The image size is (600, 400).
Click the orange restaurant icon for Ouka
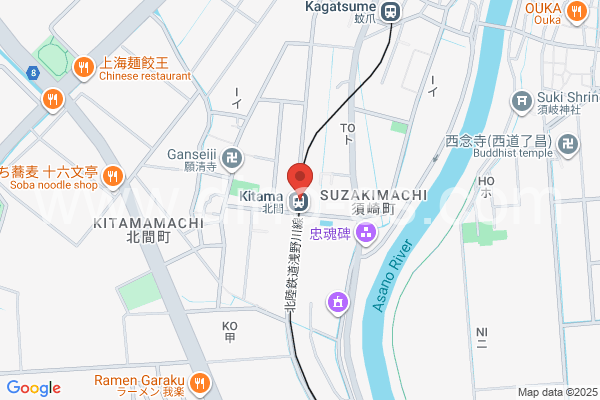coord(576,12)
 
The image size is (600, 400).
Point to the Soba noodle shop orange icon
coord(113,177)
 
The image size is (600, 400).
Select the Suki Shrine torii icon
coord(520,100)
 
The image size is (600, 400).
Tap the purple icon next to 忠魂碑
coord(365,233)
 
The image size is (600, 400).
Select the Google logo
coord(33,388)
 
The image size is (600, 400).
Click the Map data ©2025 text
coord(556,392)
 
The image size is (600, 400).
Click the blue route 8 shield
coord(33,71)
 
